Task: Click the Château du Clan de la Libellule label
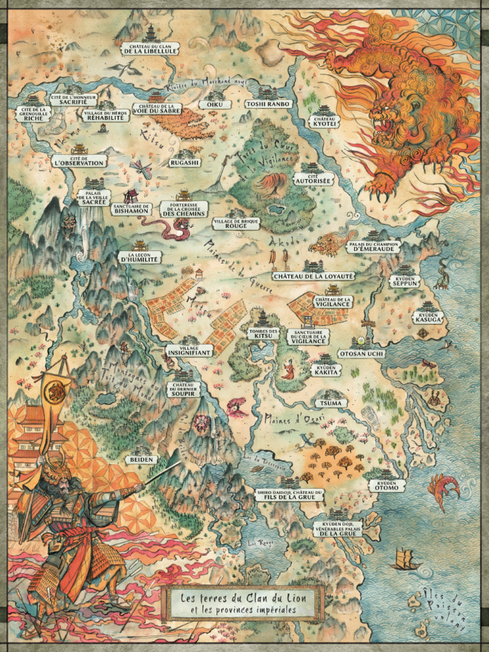pyautogui.click(x=150, y=48)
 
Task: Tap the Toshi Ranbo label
pyautogui.click(x=267, y=104)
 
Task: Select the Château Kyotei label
pyautogui.click(x=324, y=122)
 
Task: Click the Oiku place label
pyautogui.click(x=211, y=104)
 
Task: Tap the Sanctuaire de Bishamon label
pyautogui.click(x=131, y=209)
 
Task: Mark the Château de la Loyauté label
pyautogui.click(x=313, y=276)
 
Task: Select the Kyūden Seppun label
pyautogui.click(x=405, y=281)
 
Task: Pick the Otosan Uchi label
pyautogui.click(x=360, y=353)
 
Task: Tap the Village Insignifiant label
pyautogui.click(x=189, y=350)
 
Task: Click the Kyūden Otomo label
pyautogui.click(x=386, y=486)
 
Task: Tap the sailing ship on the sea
pyautogui.click(x=405, y=559)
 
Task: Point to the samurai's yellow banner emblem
pyautogui.click(x=56, y=393)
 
